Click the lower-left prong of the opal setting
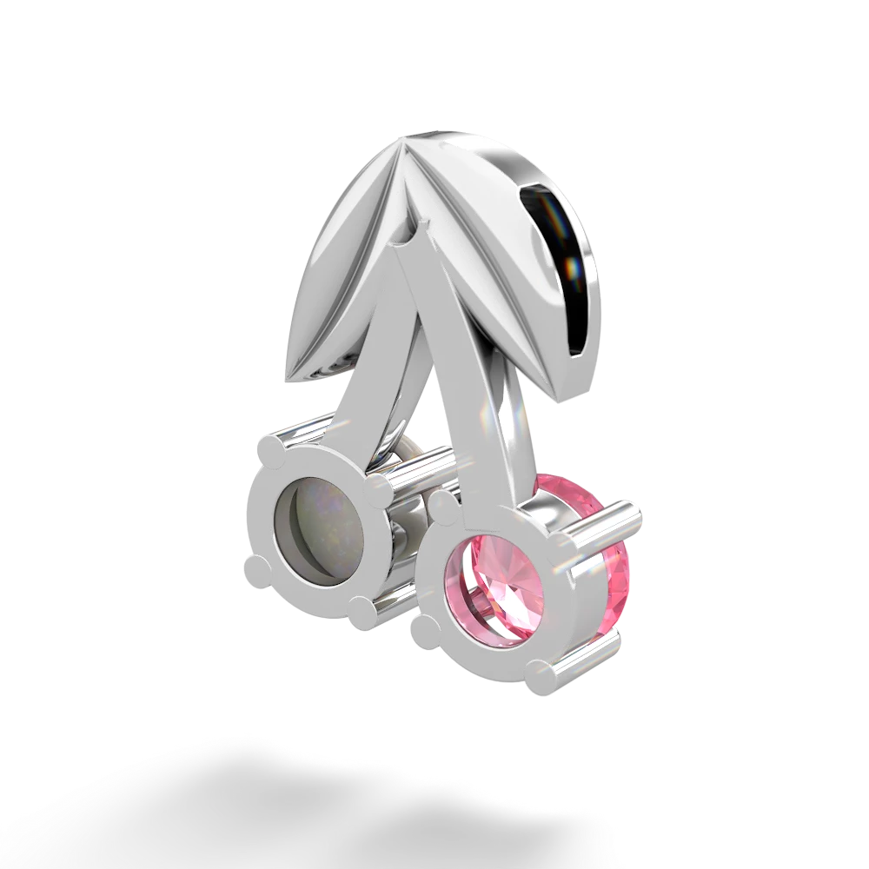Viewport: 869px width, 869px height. coord(258,574)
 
